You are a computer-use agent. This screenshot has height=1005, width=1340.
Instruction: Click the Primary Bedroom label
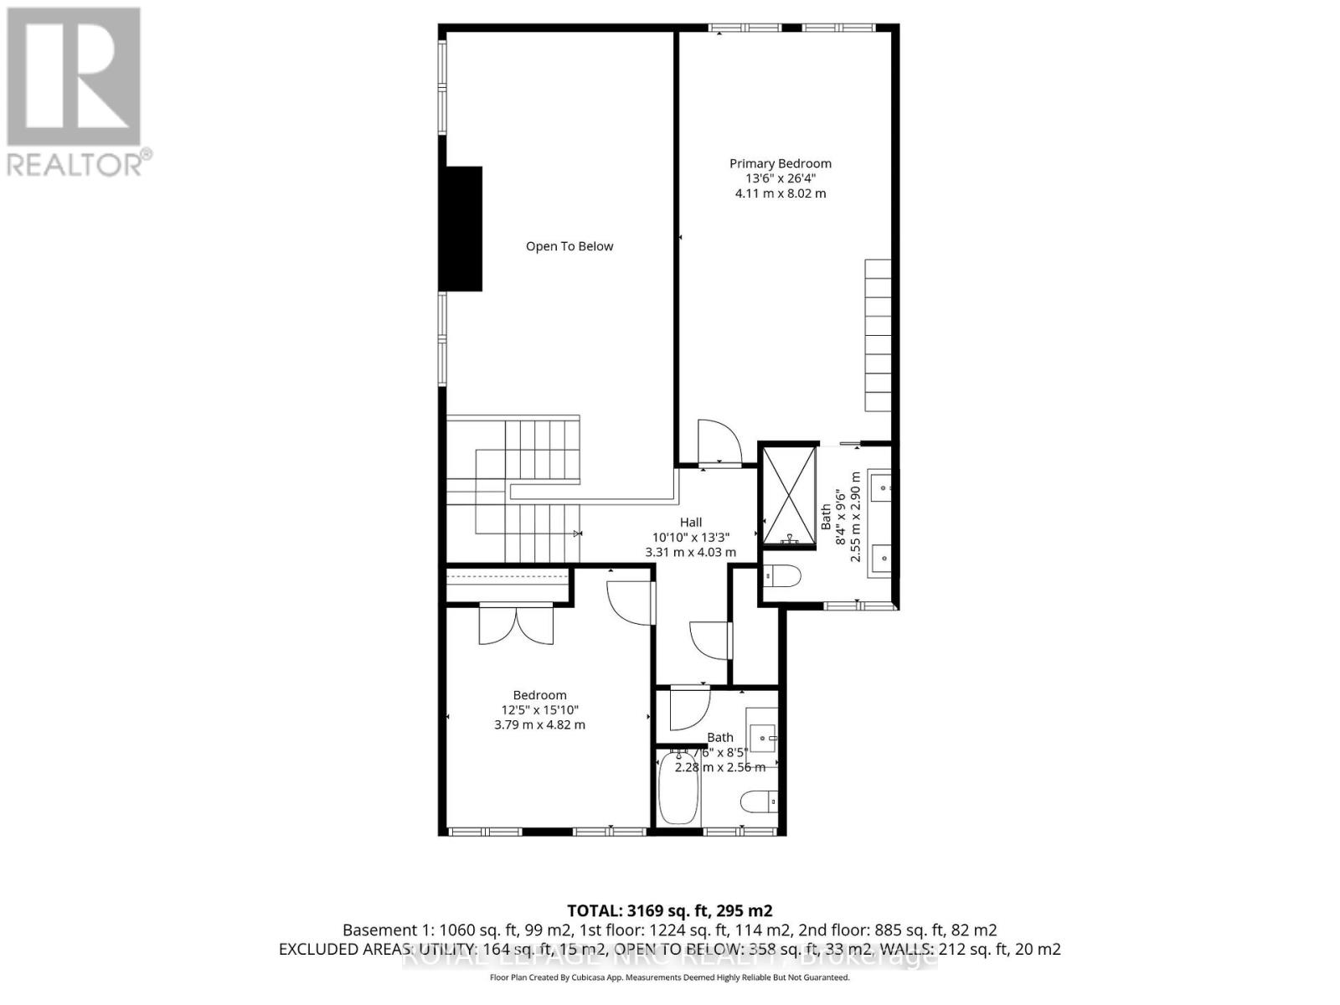pyautogui.click(x=780, y=163)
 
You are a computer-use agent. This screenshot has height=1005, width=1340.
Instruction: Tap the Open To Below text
pyautogui.click(x=569, y=246)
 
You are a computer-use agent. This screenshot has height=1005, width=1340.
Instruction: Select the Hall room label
pyautogui.click(x=690, y=522)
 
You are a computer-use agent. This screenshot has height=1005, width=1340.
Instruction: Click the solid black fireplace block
pyautogui.click(x=462, y=229)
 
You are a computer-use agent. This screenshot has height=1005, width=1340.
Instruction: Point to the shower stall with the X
pyautogui.click(x=788, y=496)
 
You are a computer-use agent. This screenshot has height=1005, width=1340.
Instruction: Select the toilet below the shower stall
pyautogui.click(x=782, y=576)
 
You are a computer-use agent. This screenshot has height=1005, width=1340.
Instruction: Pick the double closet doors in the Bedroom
pyautogui.click(x=516, y=625)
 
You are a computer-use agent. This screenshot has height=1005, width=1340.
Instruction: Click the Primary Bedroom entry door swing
pyautogui.click(x=719, y=441)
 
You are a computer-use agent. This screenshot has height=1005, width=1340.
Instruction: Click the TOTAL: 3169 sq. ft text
pyautogui.click(x=669, y=910)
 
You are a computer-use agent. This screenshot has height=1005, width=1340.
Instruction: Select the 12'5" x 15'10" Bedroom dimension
pyautogui.click(x=539, y=709)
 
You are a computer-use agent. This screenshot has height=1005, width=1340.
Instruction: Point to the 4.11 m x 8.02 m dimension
pyautogui.click(x=780, y=193)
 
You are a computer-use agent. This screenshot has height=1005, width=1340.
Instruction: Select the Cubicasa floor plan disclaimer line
pyautogui.click(x=669, y=977)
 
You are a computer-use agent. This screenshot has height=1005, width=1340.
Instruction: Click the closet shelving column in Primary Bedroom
pyautogui.click(x=878, y=335)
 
